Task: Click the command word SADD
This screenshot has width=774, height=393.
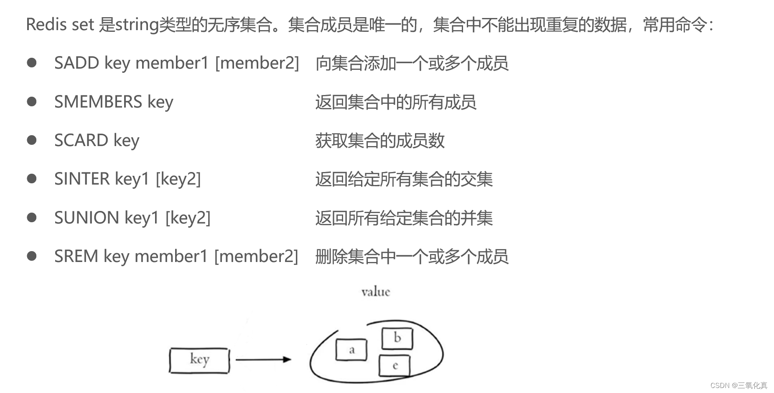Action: (76, 63)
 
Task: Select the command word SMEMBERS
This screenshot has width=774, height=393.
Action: (98, 102)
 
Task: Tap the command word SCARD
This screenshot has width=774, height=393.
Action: (81, 140)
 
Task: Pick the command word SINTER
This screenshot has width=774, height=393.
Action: (82, 179)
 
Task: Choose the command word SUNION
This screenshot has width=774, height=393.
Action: (87, 218)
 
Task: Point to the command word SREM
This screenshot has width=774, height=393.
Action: (76, 256)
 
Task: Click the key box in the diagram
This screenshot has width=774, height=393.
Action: (199, 360)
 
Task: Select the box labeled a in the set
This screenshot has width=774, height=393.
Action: (351, 350)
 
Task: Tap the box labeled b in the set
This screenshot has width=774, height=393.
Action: (397, 338)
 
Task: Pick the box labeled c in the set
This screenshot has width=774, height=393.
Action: (395, 366)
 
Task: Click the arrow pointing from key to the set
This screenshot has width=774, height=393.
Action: (263, 359)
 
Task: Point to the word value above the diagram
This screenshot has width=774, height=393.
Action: (376, 292)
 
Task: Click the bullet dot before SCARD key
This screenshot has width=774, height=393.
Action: (32, 140)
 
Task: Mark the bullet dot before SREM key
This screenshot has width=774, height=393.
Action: (32, 256)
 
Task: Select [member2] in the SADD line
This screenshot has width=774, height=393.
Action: (257, 63)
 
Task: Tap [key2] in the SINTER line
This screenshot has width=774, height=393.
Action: (178, 179)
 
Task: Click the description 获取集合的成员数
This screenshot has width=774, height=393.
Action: (380, 141)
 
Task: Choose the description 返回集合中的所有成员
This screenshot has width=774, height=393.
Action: (396, 102)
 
